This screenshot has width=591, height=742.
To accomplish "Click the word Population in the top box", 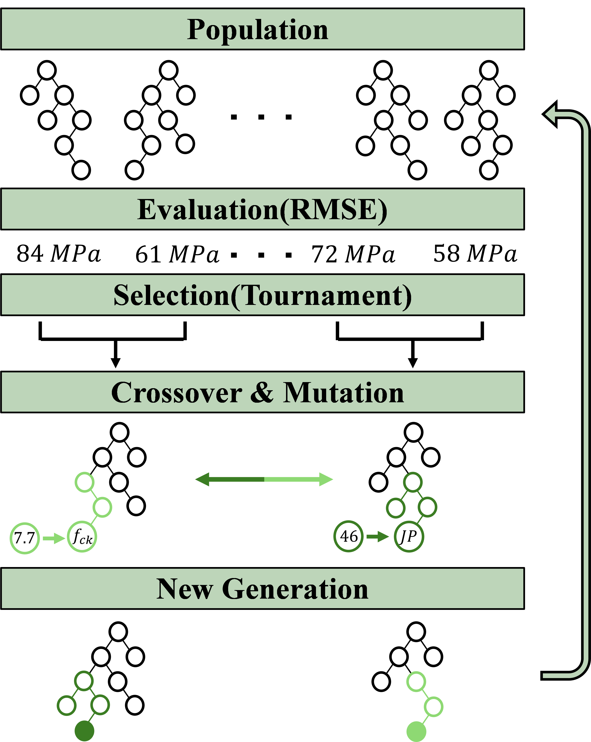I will click(x=258, y=30).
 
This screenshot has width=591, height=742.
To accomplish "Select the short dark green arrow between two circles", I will click(x=377, y=536).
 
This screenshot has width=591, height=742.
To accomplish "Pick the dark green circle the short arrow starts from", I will click(x=348, y=536).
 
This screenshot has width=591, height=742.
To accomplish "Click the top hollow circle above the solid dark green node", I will click(x=84, y=681).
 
